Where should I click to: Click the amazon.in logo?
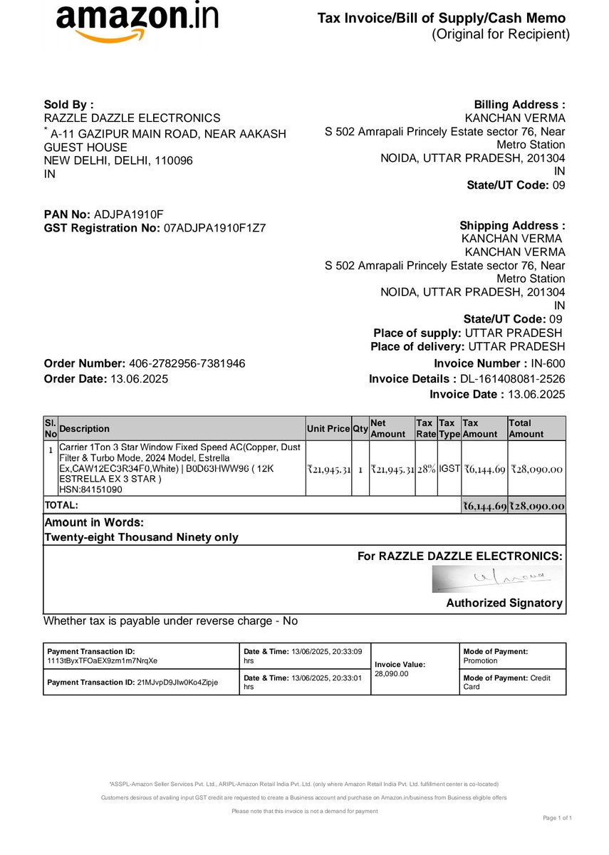(x=137, y=21)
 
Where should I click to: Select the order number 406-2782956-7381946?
(x=187, y=363)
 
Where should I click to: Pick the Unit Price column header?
(x=328, y=429)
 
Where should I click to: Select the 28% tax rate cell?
(x=425, y=469)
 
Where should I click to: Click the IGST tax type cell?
(x=449, y=468)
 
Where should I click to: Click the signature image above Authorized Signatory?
(x=496, y=579)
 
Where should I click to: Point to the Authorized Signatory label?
(x=504, y=603)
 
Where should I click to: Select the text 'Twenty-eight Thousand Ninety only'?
(x=141, y=537)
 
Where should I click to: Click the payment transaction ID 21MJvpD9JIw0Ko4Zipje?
(x=177, y=682)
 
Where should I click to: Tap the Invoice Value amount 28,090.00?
(x=392, y=673)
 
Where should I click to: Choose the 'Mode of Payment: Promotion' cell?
(x=513, y=655)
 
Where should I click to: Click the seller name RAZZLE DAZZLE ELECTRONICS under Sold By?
(x=132, y=118)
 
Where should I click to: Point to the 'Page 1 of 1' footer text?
(x=557, y=817)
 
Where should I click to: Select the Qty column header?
(x=360, y=429)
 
